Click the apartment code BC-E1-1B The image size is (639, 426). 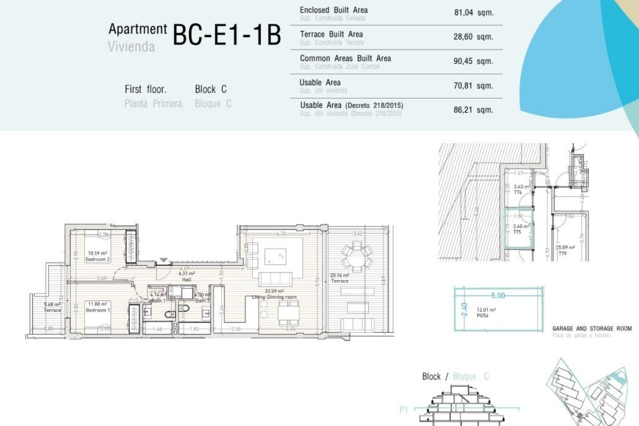click(x=227, y=35)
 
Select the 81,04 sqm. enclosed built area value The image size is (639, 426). click(x=474, y=13)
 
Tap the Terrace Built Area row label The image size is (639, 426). click(x=331, y=34)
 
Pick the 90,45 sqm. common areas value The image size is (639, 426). click(x=473, y=61)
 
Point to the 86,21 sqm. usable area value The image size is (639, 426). click(x=473, y=110)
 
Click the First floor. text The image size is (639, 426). click(x=145, y=89)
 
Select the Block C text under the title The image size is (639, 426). click(x=211, y=89)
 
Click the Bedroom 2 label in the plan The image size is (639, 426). click(x=98, y=259)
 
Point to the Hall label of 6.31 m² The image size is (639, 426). click(x=187, y=279)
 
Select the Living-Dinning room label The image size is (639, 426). click(x=274, y=297)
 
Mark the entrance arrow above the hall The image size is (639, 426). click(x=163, y=260)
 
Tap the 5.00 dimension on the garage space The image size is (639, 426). click(x=498, y=296)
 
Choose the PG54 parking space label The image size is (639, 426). click(x=482, y=316)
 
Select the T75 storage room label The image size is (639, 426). click(x=517, y=232)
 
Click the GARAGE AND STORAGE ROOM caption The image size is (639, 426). click(x=592, y=328)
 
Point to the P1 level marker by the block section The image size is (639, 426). click(x=404, y=410)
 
